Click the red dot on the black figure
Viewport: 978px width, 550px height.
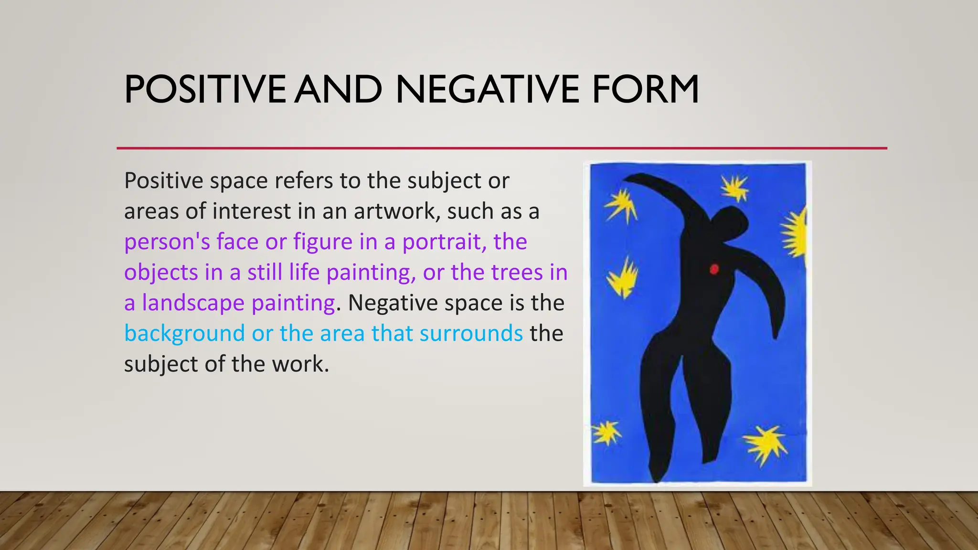coord(714,269)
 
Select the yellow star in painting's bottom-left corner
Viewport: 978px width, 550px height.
coord(606,433)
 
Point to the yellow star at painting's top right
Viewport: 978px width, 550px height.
coord(734,188)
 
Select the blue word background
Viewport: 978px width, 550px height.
coord(184,334)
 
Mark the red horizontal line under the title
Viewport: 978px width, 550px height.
coord(501,148)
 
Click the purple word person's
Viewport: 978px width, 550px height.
coord(167,242)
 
